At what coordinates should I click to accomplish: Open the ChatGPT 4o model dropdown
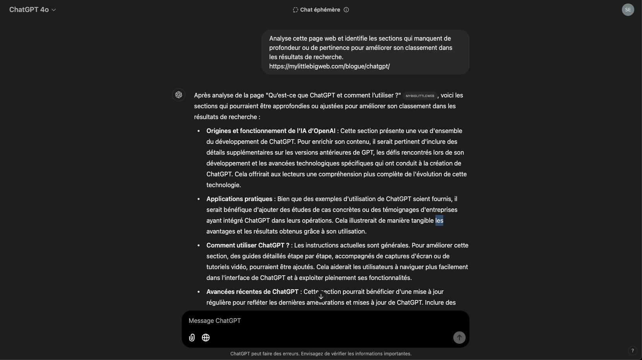[33, 10]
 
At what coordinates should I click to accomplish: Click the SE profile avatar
[628, 10]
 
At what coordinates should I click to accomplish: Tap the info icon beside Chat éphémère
[346, 10]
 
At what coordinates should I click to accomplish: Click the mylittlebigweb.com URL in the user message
[329, 66]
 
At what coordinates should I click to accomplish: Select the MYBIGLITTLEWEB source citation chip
[420, 96]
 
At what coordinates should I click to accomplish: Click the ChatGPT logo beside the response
[179, 95]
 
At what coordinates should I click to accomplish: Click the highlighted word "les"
[439, 220]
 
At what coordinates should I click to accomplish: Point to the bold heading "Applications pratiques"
[239, 199]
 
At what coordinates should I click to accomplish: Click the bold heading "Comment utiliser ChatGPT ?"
[248, 245]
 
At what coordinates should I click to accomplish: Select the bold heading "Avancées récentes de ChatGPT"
[252, 292]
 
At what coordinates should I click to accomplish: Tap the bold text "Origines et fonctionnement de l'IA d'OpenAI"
[271, 131]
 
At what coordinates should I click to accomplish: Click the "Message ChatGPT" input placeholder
[215, 321]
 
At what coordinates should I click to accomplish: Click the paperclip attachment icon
[192, 338]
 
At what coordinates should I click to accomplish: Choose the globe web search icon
[206, 338]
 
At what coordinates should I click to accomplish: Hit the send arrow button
[459, 338]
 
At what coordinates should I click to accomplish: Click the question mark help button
[632, 351]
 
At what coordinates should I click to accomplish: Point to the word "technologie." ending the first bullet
[224, 185]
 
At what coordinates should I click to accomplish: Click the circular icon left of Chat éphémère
[295, 10]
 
